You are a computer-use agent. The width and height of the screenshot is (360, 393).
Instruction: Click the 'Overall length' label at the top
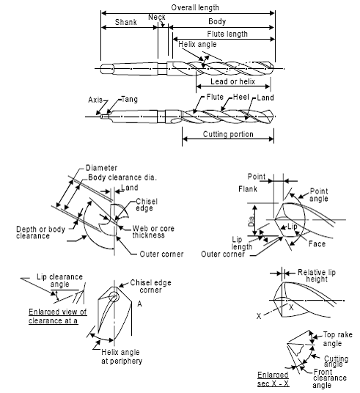click(195, 7)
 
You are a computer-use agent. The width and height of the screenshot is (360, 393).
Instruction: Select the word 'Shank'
click(126, 22)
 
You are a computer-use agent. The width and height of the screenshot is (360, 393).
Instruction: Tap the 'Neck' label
click(157, 17)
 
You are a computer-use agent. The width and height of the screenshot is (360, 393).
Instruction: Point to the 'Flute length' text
click(227, 34)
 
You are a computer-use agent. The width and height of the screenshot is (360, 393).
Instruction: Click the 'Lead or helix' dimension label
click(232, 81)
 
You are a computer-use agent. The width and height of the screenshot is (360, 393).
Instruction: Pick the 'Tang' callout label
click(130, 99)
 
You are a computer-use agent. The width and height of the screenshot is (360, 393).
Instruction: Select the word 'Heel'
click(241, 97)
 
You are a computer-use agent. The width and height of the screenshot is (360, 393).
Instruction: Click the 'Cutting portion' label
click(228, 134)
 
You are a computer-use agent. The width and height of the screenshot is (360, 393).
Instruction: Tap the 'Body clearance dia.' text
click(122, 177)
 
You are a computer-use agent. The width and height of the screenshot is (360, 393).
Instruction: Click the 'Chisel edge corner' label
click(150, 286)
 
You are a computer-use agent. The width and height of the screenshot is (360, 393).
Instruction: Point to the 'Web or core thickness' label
click(153, 232)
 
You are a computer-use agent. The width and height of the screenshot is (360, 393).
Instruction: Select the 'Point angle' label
click(319, 195)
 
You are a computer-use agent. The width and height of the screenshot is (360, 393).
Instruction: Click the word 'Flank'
click(248, 189)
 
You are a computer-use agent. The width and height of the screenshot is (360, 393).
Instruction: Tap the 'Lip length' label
click(242, 243)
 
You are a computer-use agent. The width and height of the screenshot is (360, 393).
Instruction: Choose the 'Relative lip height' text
click(317, 276)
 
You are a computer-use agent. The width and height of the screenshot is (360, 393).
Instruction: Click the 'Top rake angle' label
click(337, 339)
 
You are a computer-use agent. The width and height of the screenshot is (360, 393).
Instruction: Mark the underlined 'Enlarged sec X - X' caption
click(273, 379)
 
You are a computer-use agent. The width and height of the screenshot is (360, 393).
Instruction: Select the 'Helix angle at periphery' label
click(122, 356)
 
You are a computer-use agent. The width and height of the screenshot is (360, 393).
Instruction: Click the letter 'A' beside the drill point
click(139, 304)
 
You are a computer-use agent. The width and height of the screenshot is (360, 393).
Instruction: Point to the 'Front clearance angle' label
click(330, 378)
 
